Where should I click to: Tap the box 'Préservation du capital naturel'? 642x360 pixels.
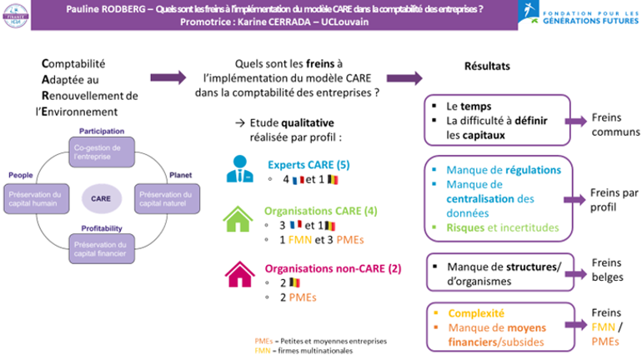tap(163, 198)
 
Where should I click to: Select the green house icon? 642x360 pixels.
tap(238, 219)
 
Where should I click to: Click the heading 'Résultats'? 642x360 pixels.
tap(486, 65)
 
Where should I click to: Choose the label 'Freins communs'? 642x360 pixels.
tap(615, 124)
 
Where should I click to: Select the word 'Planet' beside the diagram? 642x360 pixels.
tap(182, 175)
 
